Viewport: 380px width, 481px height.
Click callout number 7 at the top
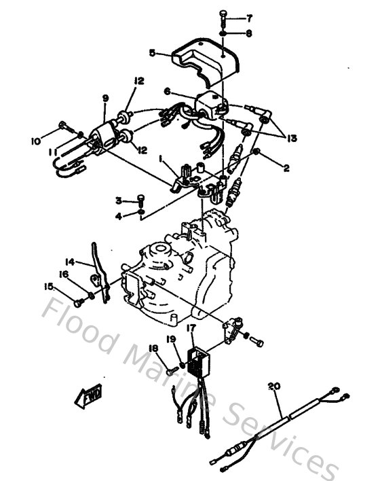249,18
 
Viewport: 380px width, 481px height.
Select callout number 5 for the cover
152,52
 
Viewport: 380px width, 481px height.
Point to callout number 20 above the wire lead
273,387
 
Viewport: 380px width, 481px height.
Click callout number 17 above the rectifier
191,328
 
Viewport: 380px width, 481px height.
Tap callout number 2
286,167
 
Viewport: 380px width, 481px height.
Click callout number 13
292,137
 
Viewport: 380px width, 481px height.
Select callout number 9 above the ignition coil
105,99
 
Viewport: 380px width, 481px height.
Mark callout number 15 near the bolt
49,287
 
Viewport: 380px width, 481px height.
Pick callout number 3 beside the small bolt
117,200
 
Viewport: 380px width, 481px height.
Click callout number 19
172,338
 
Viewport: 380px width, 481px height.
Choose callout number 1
160,158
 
